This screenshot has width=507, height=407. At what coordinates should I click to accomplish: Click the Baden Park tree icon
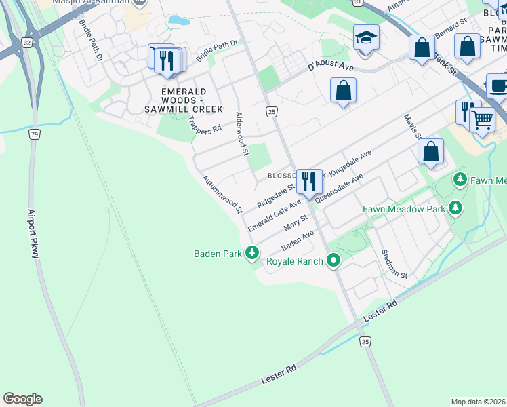pyautogui.click(x=252, y=254)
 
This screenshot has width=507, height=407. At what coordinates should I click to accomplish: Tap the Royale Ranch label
pyautogui.click(x=295, y=260)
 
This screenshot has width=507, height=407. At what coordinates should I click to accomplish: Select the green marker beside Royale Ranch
pyautogui.click(x=333, y=260)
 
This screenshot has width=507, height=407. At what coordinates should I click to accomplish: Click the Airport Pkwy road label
pyautogui.click(x=35, y=231)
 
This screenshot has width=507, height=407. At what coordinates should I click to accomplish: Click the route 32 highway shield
pyautogui.click(x=26, y=42)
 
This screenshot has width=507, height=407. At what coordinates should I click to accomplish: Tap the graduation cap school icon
pyautogui.click(x=366, y=37)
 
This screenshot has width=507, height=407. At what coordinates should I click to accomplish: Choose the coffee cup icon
pyautogui.click(x=499, y=86)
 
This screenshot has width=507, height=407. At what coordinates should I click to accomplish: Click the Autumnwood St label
pyautogui.click(x=222, y=195)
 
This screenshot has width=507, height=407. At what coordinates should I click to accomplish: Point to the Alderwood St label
pyautogui.click(x=241, y=134)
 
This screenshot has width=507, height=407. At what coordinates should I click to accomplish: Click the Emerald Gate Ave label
pyautogui.click(x=275, y=216)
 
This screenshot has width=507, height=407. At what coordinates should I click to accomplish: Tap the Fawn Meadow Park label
pyautogui.click(x=403, y=209)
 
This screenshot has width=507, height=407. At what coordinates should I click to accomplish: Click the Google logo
pyautogui.click(x=22, y=399)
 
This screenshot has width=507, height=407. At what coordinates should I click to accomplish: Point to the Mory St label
pyautogui.click(x=296, y=222)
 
